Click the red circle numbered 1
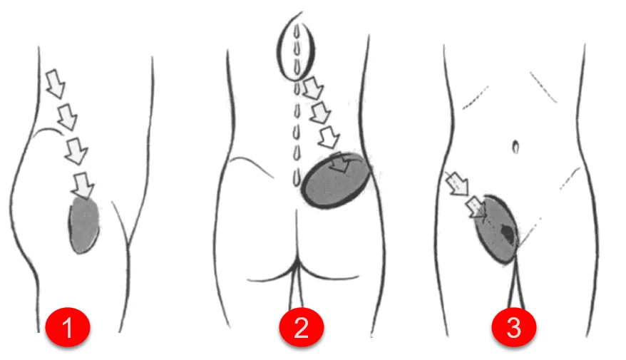[68, 326]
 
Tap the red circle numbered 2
[301, 326]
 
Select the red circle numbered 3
[514, 326]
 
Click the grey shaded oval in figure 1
[84, 225]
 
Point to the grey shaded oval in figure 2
[336, 180]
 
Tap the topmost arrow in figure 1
[56, 83]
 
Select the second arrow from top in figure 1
[67, 116]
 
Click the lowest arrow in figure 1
[83, 185]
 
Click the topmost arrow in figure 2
[312, 88]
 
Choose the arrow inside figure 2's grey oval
[340, 163]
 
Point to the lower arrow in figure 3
[477, 207]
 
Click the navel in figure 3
[515, 147]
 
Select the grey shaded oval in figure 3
[497, 229]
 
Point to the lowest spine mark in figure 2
[296, 178]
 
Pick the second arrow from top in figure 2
[321, 113]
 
